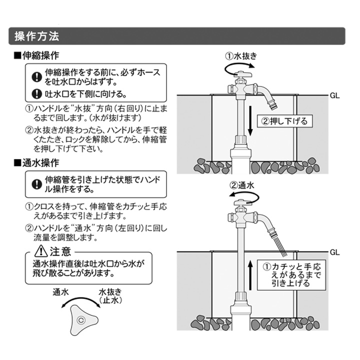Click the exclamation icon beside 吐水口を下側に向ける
click(36, 93)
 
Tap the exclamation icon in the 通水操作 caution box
click(36, 184)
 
